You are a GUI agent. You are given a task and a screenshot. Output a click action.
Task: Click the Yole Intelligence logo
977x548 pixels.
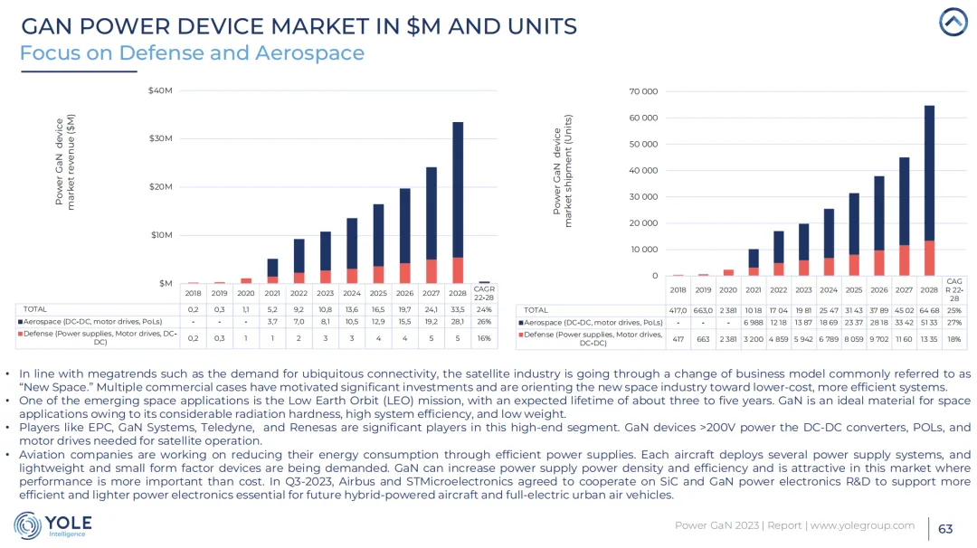coord(52,525)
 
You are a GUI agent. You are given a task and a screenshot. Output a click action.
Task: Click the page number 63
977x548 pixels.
coord(945,528)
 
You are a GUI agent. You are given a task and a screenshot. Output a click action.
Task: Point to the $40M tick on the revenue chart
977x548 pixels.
coord(160,90)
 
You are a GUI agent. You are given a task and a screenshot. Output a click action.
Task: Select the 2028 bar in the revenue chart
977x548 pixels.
coord(458,202)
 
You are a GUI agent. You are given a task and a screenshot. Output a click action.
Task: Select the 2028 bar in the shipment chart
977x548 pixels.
coord(929,190)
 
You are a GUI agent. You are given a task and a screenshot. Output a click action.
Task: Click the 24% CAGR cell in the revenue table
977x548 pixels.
coord(485,308)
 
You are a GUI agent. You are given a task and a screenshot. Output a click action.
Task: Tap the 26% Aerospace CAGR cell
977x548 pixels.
coord(485,321)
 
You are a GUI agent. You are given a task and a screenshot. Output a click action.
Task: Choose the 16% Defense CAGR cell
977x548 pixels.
coord(485,337)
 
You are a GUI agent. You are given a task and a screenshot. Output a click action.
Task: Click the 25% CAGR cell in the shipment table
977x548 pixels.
coord(954,309)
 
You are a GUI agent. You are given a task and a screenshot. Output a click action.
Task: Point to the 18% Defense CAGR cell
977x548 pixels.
coord(954,339)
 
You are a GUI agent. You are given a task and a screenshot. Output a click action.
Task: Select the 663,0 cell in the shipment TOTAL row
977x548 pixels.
coord(703,309)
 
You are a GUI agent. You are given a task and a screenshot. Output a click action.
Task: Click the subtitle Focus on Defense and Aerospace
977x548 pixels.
coord(192,52)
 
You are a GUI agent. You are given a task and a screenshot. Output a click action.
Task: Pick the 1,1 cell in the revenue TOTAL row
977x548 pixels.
coord(245,308)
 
